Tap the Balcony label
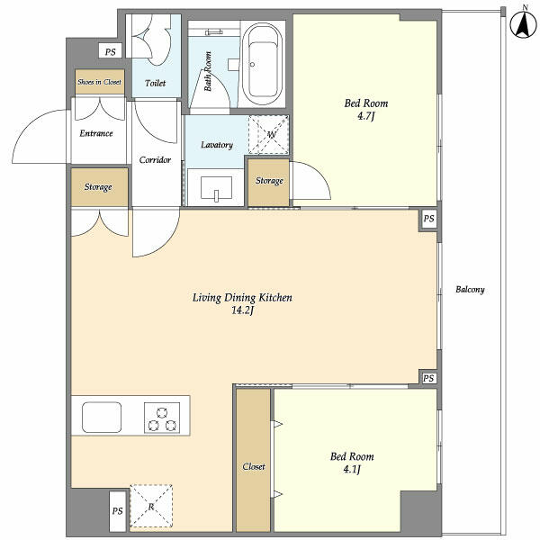coord(470,289)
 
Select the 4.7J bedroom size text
coord(365,116)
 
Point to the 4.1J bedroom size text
coord(352,469)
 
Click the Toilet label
coord(156,83)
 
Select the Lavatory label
coord(217,145)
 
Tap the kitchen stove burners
coord(161,418)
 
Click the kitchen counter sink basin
coord(102,418)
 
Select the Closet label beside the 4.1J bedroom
coord(254,467)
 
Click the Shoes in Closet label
coord(99,82)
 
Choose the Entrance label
coord(96,133)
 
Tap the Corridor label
coord(156,159)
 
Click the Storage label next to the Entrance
coord(98,187)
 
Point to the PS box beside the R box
coord(117,510)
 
